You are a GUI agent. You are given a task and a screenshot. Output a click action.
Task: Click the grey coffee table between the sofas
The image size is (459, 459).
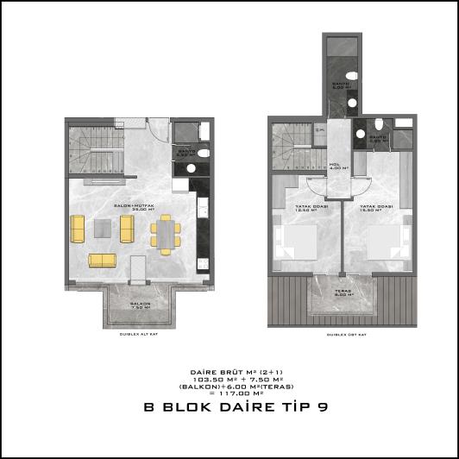(102, 228)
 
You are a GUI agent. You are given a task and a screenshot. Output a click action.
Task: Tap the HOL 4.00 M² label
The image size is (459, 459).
(338, 167)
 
